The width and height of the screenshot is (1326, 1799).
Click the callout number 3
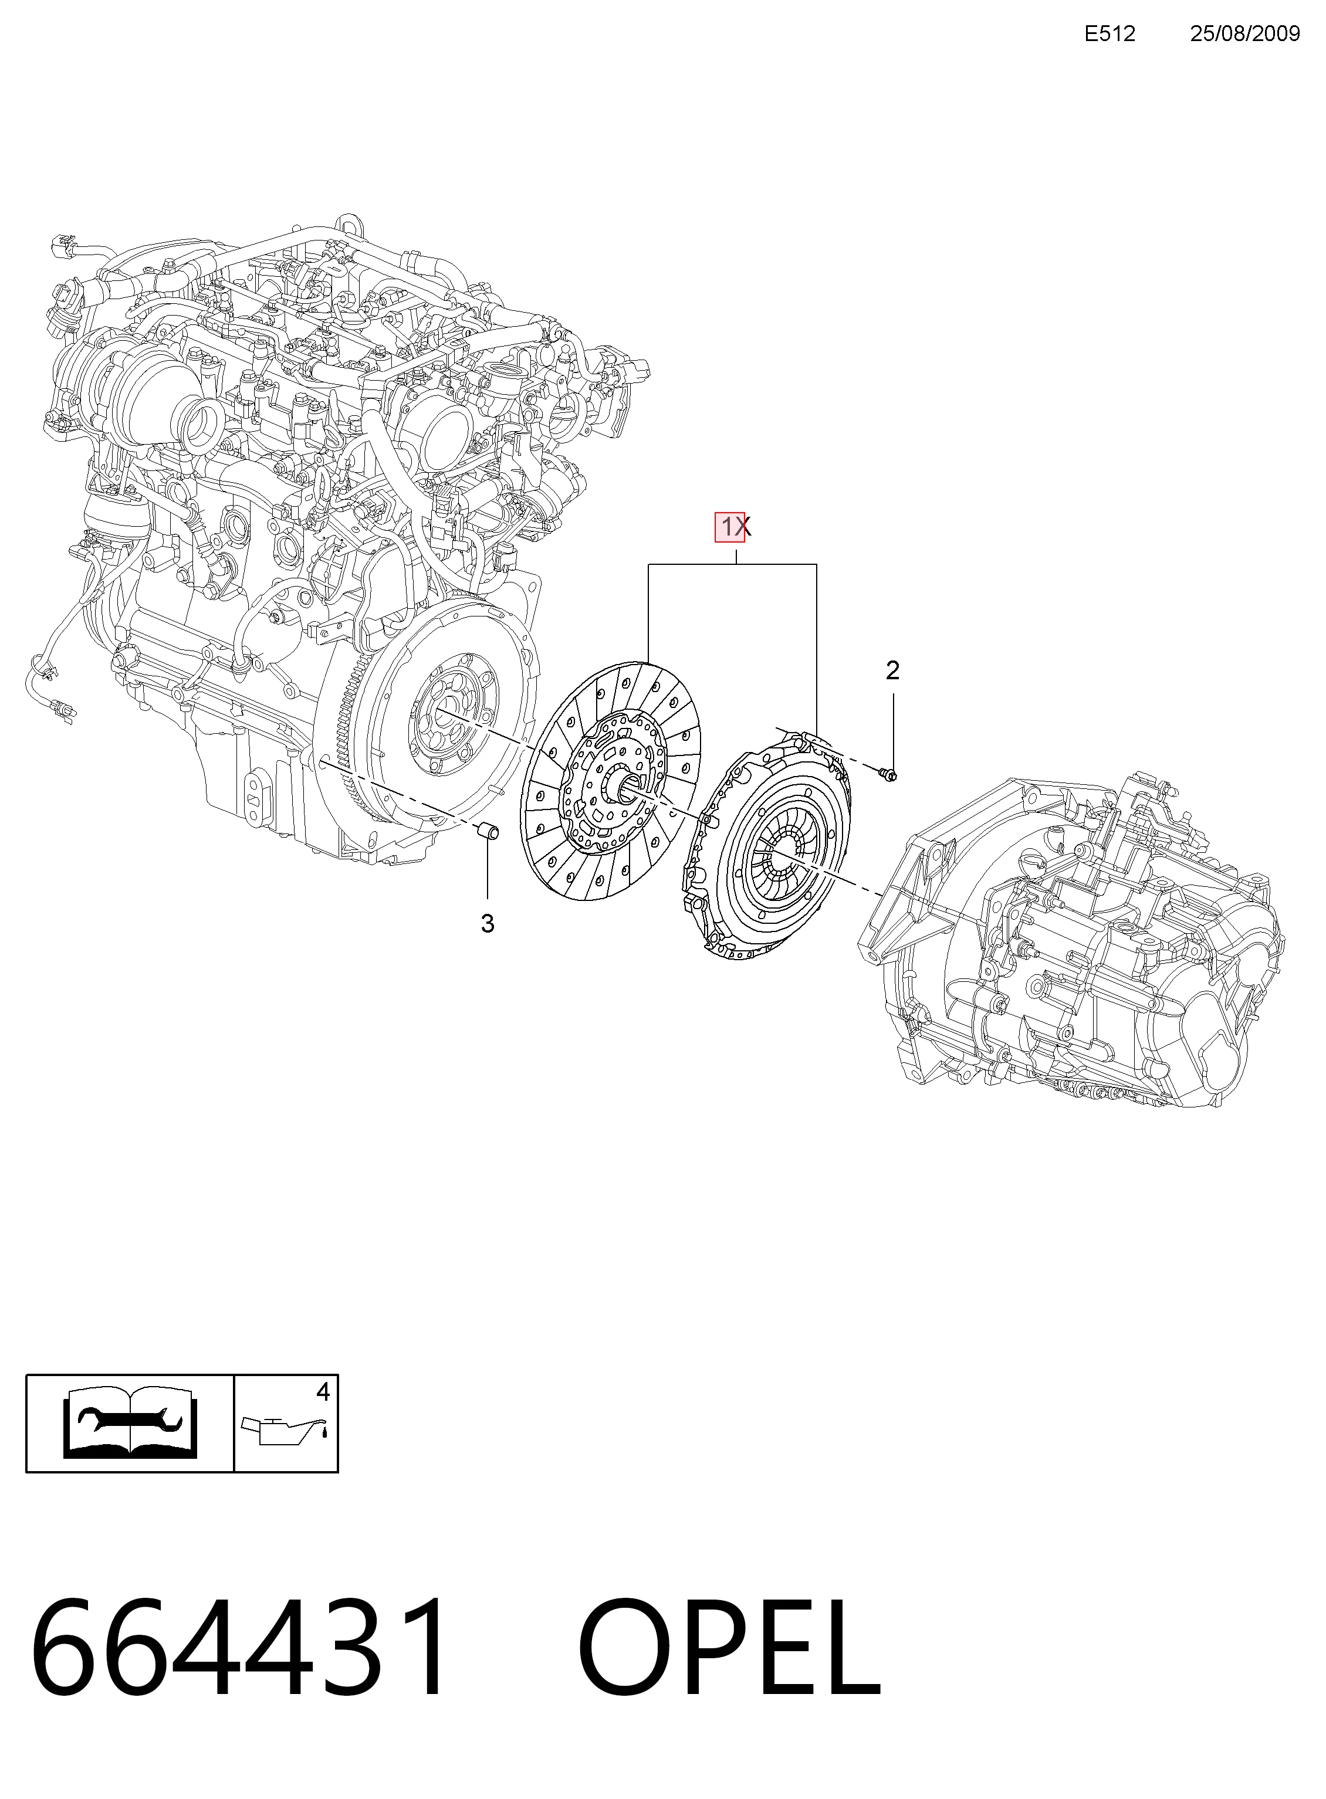[487, 924]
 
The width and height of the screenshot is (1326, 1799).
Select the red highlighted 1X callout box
[730, 527]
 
